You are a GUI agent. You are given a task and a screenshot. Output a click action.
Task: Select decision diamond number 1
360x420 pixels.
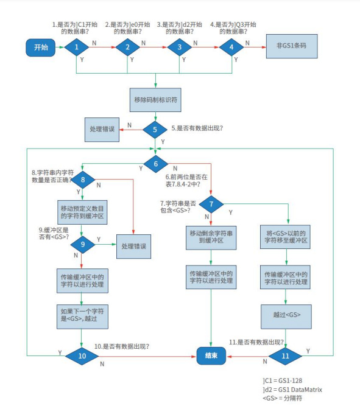[77, 47]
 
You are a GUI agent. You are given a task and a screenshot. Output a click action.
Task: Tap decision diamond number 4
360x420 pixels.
[231, 47]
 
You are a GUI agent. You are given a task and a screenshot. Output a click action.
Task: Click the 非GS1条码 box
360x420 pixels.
[292, 47]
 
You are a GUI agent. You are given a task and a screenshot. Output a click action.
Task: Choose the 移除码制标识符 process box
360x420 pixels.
[155, 97]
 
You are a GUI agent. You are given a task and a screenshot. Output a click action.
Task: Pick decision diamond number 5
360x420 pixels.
[155, 128]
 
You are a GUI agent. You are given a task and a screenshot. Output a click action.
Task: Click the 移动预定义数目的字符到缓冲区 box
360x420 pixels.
[81, 212]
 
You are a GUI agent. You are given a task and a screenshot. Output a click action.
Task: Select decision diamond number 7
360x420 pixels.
[211, 205]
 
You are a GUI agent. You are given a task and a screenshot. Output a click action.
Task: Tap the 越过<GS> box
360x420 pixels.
[285, 315]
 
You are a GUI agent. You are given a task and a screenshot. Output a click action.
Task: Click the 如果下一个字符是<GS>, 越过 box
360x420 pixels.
[81, 315]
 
